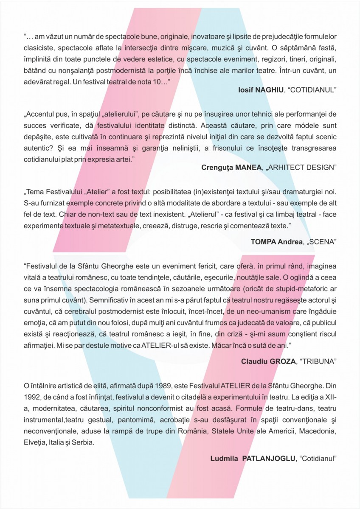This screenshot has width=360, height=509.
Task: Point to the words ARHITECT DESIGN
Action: click(304, 167)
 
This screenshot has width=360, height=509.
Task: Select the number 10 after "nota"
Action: click(152, 81)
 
